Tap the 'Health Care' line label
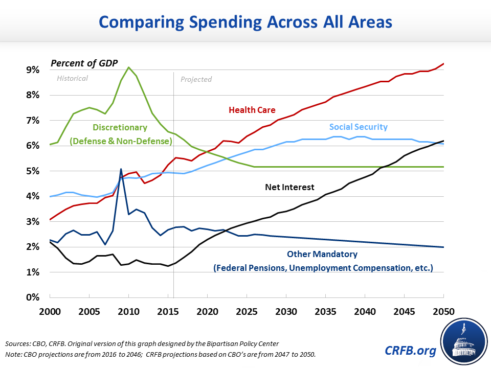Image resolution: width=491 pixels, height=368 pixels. point(252,110)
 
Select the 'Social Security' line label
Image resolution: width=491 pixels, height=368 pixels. point(358,127)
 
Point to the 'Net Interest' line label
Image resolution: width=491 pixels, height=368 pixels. point(290,187)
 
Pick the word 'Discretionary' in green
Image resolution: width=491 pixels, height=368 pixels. point(120,127)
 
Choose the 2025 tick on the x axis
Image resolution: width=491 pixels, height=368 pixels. point(247,310)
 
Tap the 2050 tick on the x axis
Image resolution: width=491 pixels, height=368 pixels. point(443,310)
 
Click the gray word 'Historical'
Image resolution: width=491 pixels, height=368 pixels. point(72,78)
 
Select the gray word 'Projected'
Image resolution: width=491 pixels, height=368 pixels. point(196,79)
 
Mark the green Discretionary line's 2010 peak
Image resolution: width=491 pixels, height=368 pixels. point(128,67)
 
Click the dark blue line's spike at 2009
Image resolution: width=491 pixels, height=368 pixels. point(121,169)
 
